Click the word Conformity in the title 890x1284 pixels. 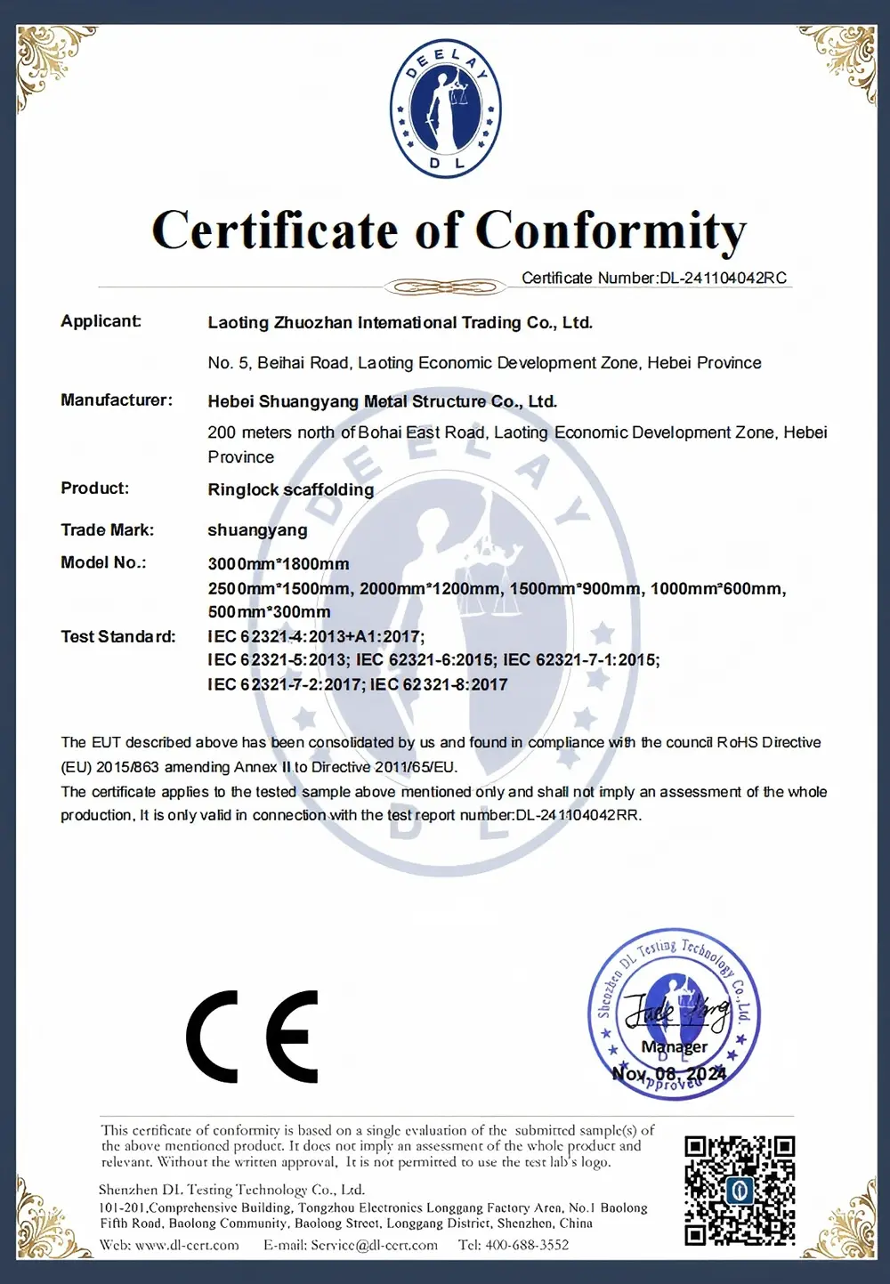pyautogui.click(x=611, y=231)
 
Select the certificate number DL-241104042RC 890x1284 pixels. pyautogui.click(x=723, y=278)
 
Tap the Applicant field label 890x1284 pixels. pyautogui.click(x=101, y=321)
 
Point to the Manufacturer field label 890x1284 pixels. pyautogui.click(x=117, y=400)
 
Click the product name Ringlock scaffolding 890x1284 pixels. pyautogui.click(x=291, y=489)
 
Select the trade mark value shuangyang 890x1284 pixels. pyautogui.click(x=257, y=530)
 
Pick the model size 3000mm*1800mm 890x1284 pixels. pyautogui.click(x=279, y=564)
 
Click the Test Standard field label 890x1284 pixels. pyautogui.click(x=118, y=637)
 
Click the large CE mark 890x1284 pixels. pyautogui.click(x=253, y=1036)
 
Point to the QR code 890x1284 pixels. pyautogui.click(x=739, y=1190)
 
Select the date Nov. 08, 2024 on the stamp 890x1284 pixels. pyautogui.click(x=669, y=1073)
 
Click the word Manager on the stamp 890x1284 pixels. pyautogui.click(x=675, y=1046)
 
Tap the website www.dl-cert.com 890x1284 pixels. pyautogui.click(x=187, y=1245)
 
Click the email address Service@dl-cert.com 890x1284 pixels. pyautogui.click(x=374, y=1245)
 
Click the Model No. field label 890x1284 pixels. pyautogui.click(x=103, y=562)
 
